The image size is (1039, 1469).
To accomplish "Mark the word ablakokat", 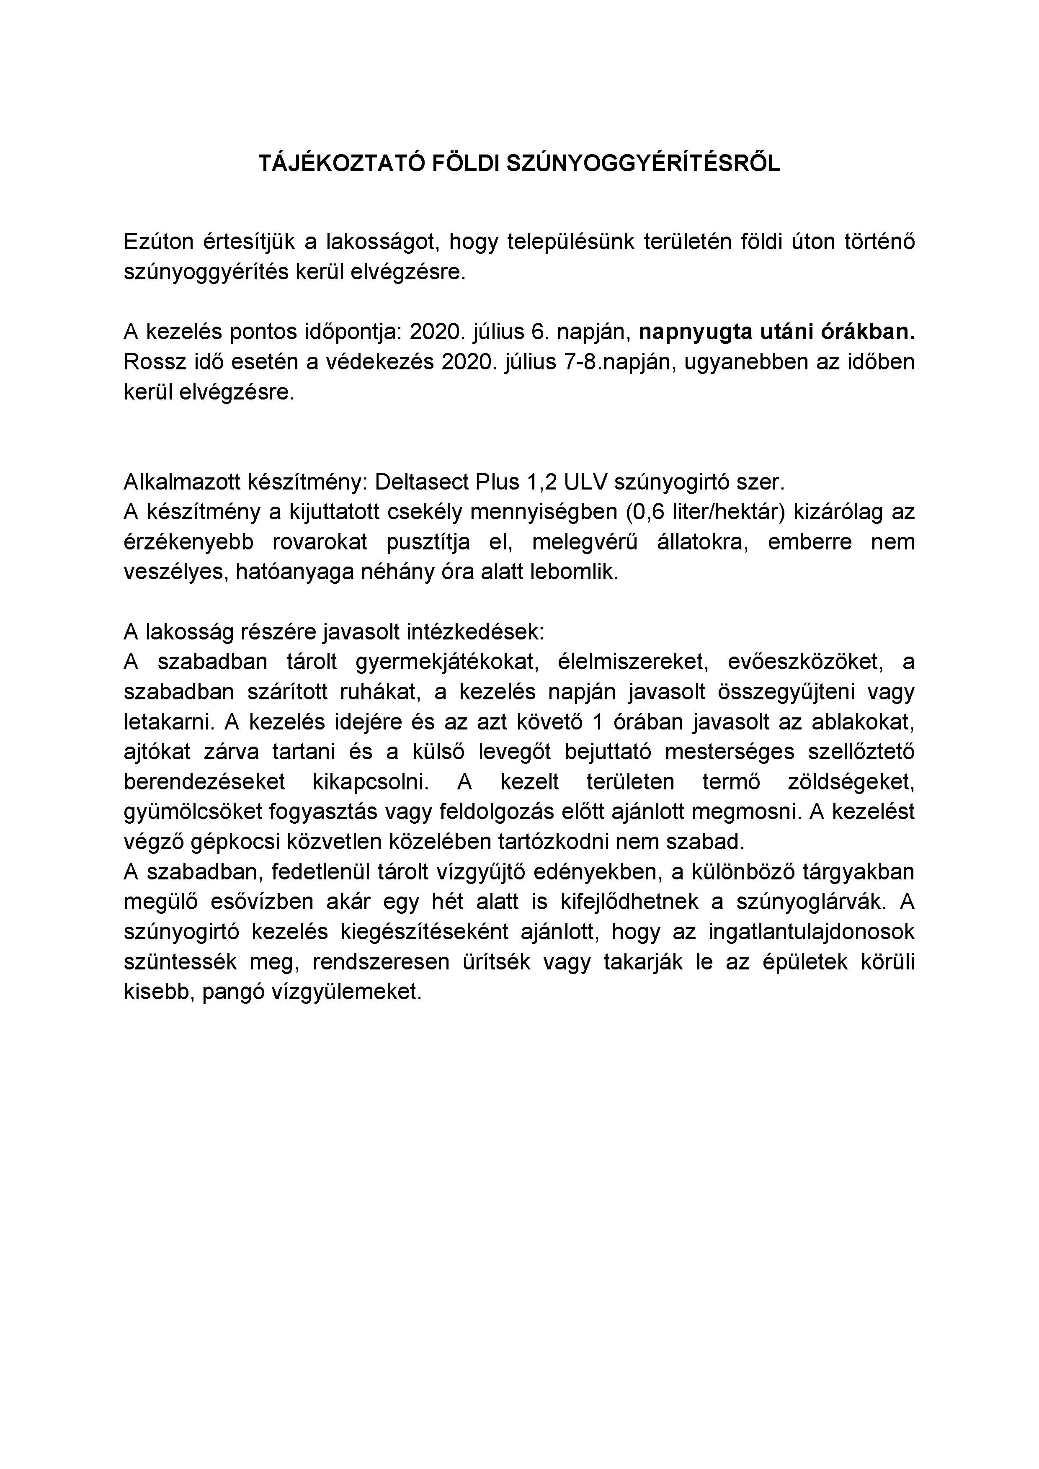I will pyautogui.click(x=861, y=722).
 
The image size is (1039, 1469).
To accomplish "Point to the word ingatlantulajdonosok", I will pyautogui.click(x=811, y=932).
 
